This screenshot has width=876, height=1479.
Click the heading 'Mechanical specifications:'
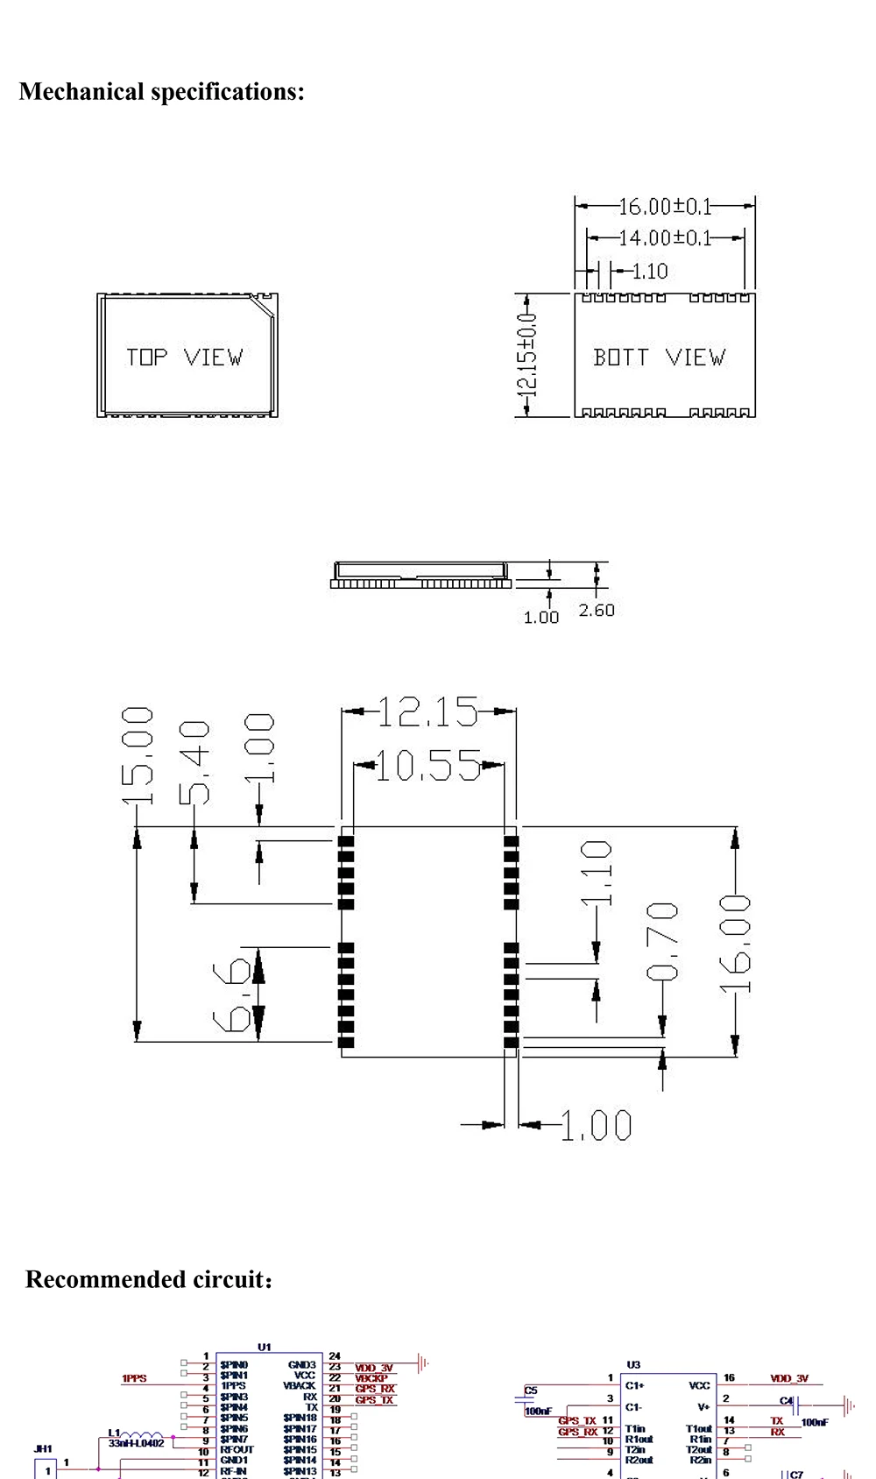(x=162, y=92)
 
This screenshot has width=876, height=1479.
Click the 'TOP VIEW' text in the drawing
(x=184, y=357)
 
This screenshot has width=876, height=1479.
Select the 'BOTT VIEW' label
(x=659, y=357)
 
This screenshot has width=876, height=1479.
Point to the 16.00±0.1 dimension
(x=666, y=207)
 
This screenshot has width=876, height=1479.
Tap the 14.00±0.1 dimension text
(x=666, y=237)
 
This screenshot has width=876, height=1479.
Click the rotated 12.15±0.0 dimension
(x=528, y=356)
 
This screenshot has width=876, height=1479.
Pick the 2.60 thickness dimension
(x=597, y=610)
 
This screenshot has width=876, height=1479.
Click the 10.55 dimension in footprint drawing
(x=428, y=767)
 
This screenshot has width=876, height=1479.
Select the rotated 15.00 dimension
(x=138, y=756)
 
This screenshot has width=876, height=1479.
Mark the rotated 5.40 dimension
(x=194, y=762)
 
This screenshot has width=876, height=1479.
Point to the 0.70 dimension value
(x=662, y=942)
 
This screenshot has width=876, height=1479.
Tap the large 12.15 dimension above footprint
(x=428, y=712)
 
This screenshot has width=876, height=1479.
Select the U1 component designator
(x=265, y=1347)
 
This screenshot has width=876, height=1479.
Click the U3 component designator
(x=633, y=1364)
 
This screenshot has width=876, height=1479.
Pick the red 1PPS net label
(x=134, y=1378)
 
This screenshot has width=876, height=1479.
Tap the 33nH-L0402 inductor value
(x=136, y=1443)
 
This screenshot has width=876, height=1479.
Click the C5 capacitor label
(x=531, y=1391)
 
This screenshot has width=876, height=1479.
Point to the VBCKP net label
(x=371, y=1378)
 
